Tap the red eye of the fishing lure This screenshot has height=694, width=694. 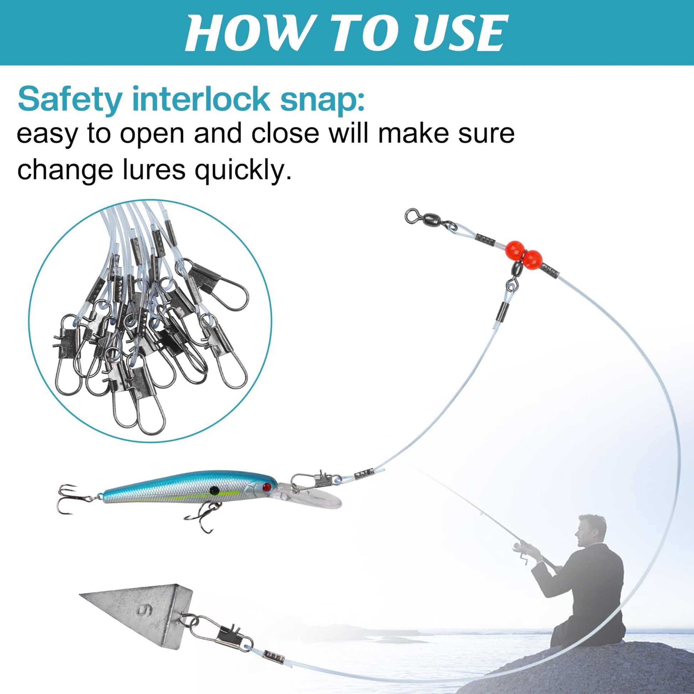pos(266,488)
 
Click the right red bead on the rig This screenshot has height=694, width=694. pos(532,259)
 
